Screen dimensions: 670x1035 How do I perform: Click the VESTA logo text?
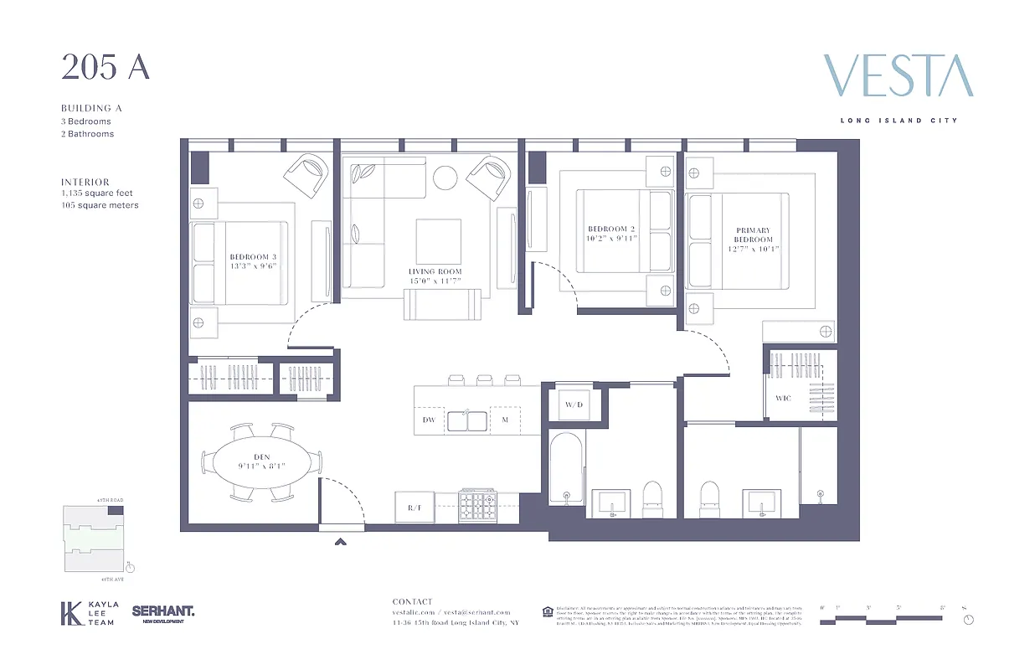(898, 76)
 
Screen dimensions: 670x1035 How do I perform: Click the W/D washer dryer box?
(574, 405)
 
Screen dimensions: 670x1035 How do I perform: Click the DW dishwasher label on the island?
(429, 420)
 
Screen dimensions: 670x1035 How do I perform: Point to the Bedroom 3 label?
(253, 261)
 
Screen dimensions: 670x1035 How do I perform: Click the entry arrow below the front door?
(341, 542)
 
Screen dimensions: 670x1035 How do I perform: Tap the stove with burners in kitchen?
(478, 507)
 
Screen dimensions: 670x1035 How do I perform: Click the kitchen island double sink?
(468, 420)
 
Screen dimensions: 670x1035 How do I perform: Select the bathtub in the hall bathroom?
(566, 468)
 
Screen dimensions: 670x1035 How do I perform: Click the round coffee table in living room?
(445, 178)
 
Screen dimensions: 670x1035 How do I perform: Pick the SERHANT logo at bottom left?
(162, 613)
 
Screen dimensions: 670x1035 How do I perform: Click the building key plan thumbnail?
(94, 538)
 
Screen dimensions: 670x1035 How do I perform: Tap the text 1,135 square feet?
(97, 193)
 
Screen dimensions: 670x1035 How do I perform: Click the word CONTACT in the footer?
(413, 601)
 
